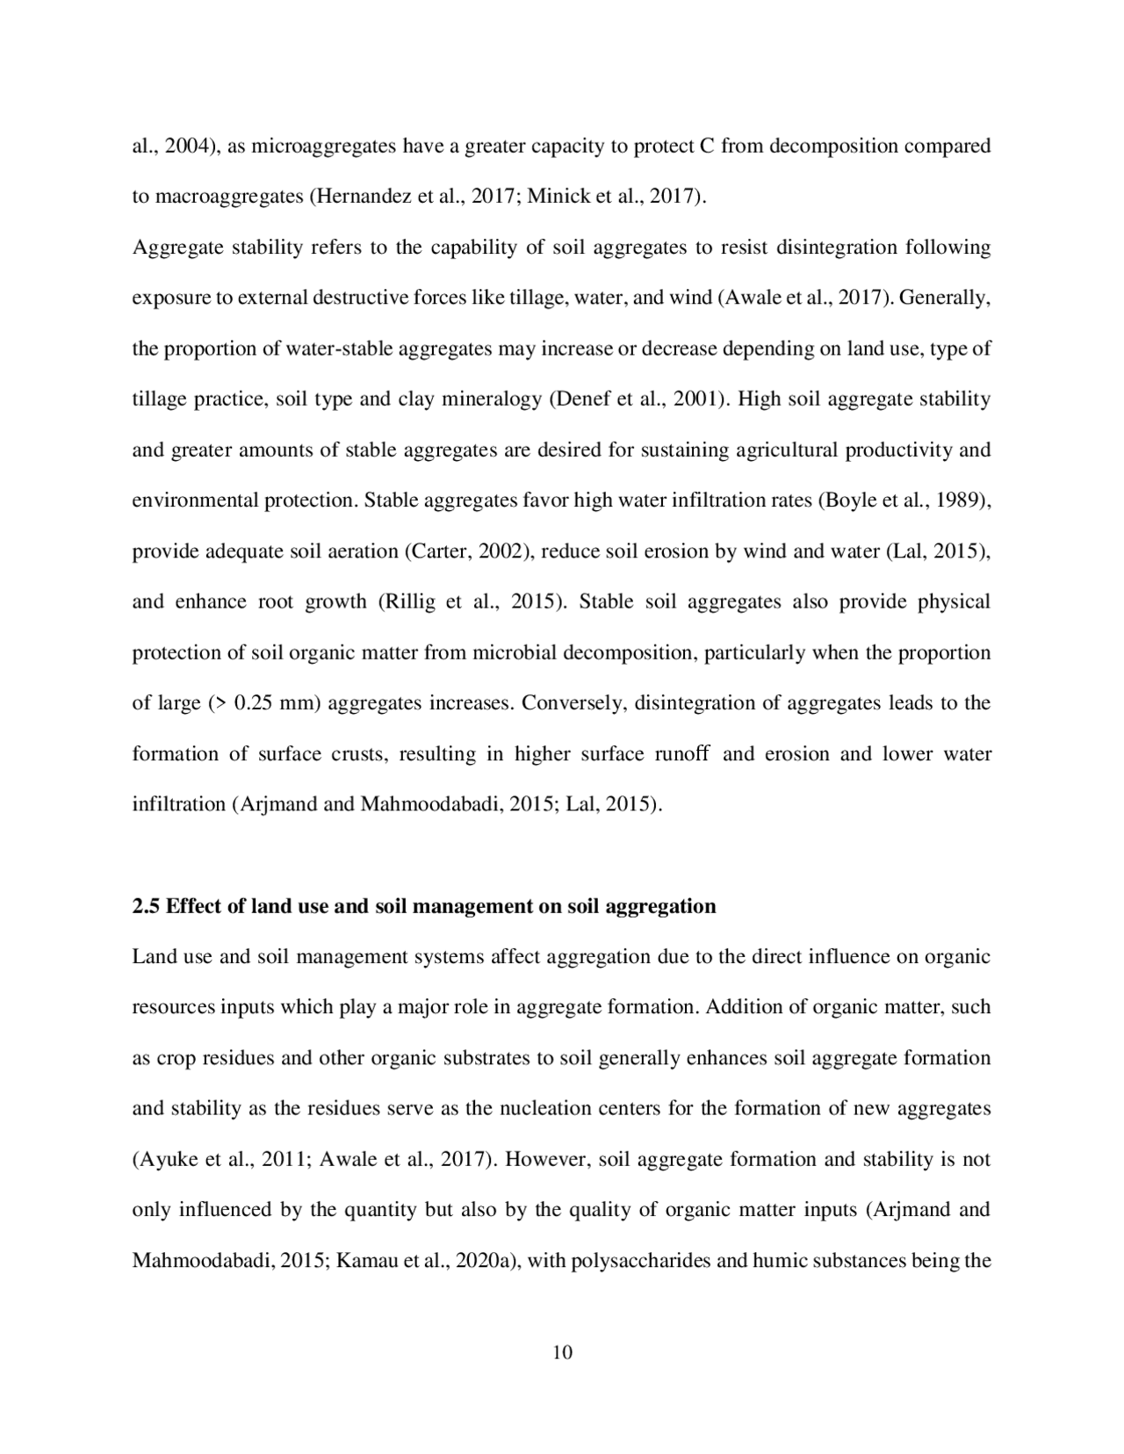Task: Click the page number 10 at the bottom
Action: tap(562, 1353)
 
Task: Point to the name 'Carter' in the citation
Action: tap(437, 551)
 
